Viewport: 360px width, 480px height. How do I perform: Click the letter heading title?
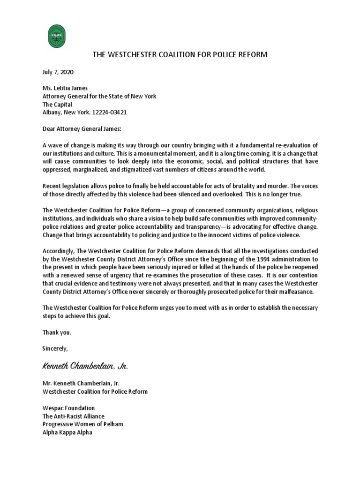[180, 55]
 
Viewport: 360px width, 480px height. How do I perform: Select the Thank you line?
[57, 332]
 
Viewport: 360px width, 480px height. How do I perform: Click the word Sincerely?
[55, 348]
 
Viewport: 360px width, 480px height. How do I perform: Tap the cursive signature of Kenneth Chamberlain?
[85, 365]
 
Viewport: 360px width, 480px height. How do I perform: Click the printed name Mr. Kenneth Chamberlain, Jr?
[81, 383]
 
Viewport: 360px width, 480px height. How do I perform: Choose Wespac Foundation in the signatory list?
[68, 408]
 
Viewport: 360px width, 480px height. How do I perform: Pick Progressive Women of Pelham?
[82, 424]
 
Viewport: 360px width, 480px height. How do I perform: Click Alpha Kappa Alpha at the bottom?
[67, 432]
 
